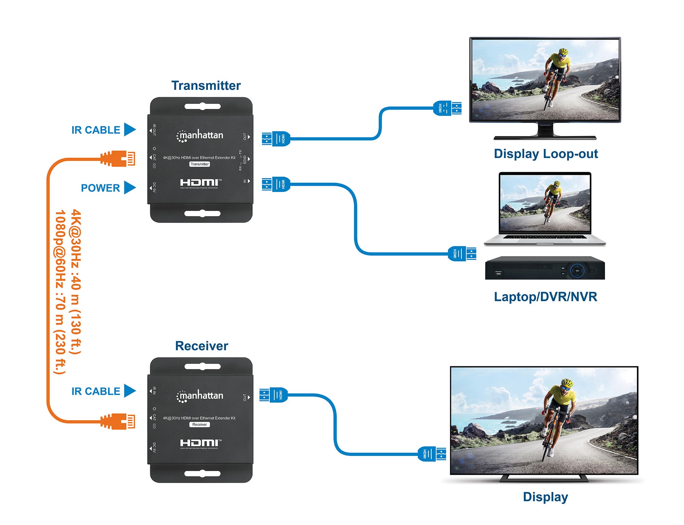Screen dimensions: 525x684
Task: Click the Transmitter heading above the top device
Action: tap(206, 85)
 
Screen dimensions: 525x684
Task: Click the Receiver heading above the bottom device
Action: tap(201, 346)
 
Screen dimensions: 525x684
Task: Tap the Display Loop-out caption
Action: tap(546, 154)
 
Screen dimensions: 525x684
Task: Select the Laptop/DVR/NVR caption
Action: tap(545, 296)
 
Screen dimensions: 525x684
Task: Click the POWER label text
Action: tap(100, 188)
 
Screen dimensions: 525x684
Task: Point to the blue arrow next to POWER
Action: tap(130, 188)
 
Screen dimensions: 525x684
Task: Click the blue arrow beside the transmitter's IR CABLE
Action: tap(130, 129)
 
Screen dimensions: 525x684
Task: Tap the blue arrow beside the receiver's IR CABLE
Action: tap(130, 391)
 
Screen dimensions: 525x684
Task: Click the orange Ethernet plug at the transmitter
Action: tap(118, 159)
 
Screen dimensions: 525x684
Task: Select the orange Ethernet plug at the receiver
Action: tap(118, 421)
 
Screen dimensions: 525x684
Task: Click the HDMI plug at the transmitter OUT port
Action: tap(276, 139)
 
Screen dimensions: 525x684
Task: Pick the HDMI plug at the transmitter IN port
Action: tap(276, 184)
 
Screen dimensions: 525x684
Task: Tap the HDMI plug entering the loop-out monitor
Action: tap(447, 108)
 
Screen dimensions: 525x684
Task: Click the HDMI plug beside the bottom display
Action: tap(432, 454)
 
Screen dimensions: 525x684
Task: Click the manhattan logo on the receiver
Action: tap(200, 396)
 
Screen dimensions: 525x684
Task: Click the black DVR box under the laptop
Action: tap(545, 268)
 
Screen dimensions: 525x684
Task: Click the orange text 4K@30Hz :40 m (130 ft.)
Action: tap(76, 282)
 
